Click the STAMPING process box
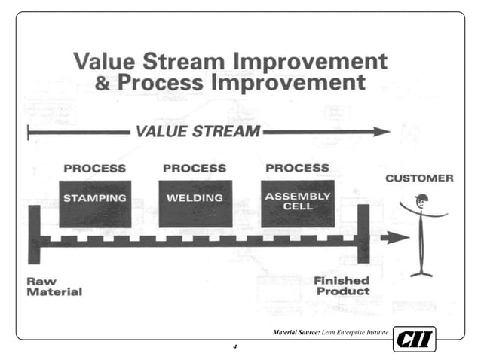click(x=95, y=203)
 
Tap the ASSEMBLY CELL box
click(x=297, y=202)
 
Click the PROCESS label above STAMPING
click(x=94, y=168)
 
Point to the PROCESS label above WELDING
click(x=195, y=168)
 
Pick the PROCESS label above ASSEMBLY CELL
click(x=297, y=167)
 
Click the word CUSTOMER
click(x=420, y=178)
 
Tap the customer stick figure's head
click(x=421, y=200)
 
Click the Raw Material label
click(x=54, y=286)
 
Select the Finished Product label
click(x=342, y=285)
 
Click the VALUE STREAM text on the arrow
click(x=198, y=132)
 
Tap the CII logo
click(x=415, y=340)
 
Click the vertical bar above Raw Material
click(x=33, y=234)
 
